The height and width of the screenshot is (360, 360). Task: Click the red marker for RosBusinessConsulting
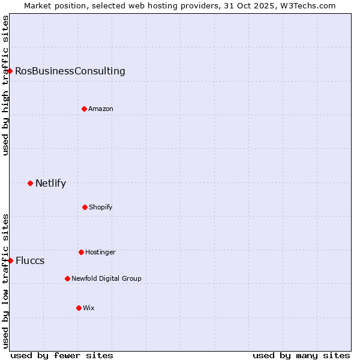tap(10, 71)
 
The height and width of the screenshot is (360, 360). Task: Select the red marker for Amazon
tap(84, 109)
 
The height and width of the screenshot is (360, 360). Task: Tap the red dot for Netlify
tap(30, 183)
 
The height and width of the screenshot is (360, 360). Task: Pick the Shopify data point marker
tap(85, 207)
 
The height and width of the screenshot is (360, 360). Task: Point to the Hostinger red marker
tap(81, 252)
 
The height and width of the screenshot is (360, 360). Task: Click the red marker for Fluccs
tap(10, 260)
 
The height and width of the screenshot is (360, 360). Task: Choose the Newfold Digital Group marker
tap(67, 278)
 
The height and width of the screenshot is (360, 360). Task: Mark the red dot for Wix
tap(79, 308)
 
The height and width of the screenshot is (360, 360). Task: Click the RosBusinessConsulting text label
tap(70, 71)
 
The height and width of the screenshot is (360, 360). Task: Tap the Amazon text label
tap(101, 109)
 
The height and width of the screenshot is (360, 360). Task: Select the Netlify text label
tap(50, 184)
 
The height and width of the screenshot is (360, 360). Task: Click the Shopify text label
tap(101, 208)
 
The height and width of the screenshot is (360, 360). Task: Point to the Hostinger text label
tap(100, 253)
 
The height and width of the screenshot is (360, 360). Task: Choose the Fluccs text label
tap(30, 261)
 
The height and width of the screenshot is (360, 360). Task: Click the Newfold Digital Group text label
tap(106, 279)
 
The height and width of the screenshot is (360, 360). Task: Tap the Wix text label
tap(89, 308)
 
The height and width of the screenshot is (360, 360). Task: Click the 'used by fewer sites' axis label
tap(62, 355)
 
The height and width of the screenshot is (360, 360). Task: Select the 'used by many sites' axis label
tap(301, 355)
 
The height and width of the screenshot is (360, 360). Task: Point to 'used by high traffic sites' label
tap(5, 85)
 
